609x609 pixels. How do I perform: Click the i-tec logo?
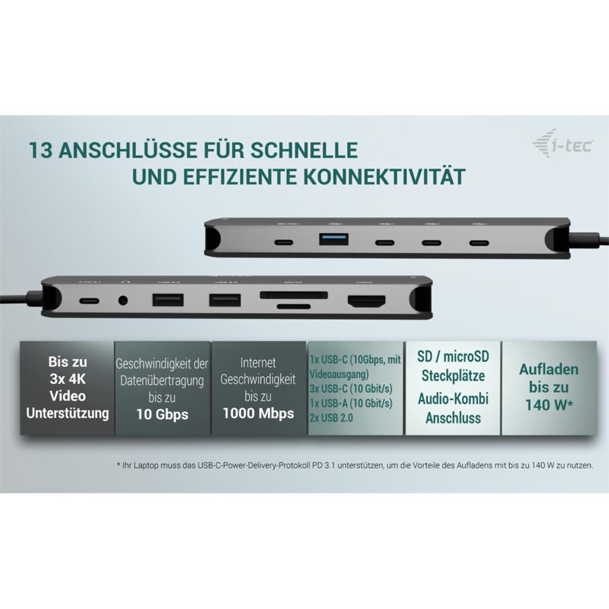click(x=562, y=144)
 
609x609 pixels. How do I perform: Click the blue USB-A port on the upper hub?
click(x=333, y=239)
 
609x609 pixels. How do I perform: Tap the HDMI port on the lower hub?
click(x=367, y=301)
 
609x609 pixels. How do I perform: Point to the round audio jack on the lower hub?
click(x=125, y=300)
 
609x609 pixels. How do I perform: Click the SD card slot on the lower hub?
click(x=294, y=295)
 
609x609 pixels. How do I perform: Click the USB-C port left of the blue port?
click(x=283, y=241)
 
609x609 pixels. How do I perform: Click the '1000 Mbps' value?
click(x=258, y=414)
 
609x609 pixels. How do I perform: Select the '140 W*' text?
click(x=549, y=404)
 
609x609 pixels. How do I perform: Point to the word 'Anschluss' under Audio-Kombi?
click(x=453, y=418)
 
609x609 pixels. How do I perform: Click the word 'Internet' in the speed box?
click(x=258, y=363)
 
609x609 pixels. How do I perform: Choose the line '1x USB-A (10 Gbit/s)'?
click(x=351, y=403)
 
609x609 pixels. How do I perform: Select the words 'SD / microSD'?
click(x=453, y=356)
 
